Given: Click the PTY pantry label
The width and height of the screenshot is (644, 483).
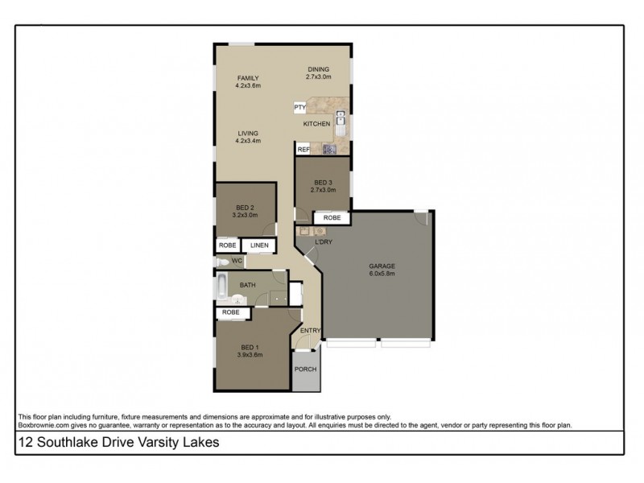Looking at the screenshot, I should (299, 107).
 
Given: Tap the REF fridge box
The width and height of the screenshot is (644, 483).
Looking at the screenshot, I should (303, 150).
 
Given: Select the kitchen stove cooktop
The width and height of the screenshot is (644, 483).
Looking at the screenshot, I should (328, 149).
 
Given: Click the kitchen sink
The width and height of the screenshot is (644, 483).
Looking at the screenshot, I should (341, 122).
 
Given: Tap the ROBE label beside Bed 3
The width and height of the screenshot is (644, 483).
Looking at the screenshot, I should (332, 218).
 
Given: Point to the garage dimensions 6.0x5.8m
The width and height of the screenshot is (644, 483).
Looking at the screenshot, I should (382, 273).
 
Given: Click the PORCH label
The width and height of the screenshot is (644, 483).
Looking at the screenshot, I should (305, 369).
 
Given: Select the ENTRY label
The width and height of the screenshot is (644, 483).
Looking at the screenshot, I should (310, 331).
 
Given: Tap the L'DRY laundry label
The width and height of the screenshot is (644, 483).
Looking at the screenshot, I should (324, 242).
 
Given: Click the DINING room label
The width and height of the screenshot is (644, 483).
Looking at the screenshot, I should (319, 69).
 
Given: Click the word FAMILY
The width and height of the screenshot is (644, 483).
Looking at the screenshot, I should (247, 77).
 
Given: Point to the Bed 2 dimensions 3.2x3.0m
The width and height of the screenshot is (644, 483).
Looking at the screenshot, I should (245, 215).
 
